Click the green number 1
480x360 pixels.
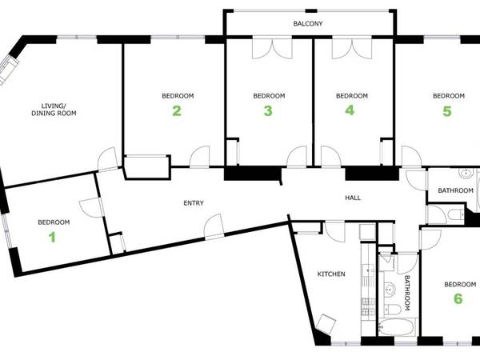[53, 236]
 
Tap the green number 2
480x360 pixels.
[177, 111]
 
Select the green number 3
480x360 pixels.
[268, 111]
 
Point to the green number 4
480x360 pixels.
[350, 111]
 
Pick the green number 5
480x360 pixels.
[447, 111]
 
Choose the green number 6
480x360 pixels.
[458, 298]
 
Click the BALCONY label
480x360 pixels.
[308, 24]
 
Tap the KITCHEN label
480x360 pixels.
[331, 274]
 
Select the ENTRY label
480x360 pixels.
[193, 203]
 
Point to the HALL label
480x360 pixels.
[353, 197]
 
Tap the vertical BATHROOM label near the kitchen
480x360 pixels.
[406, 293]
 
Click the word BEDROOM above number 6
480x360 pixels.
[460, 284]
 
